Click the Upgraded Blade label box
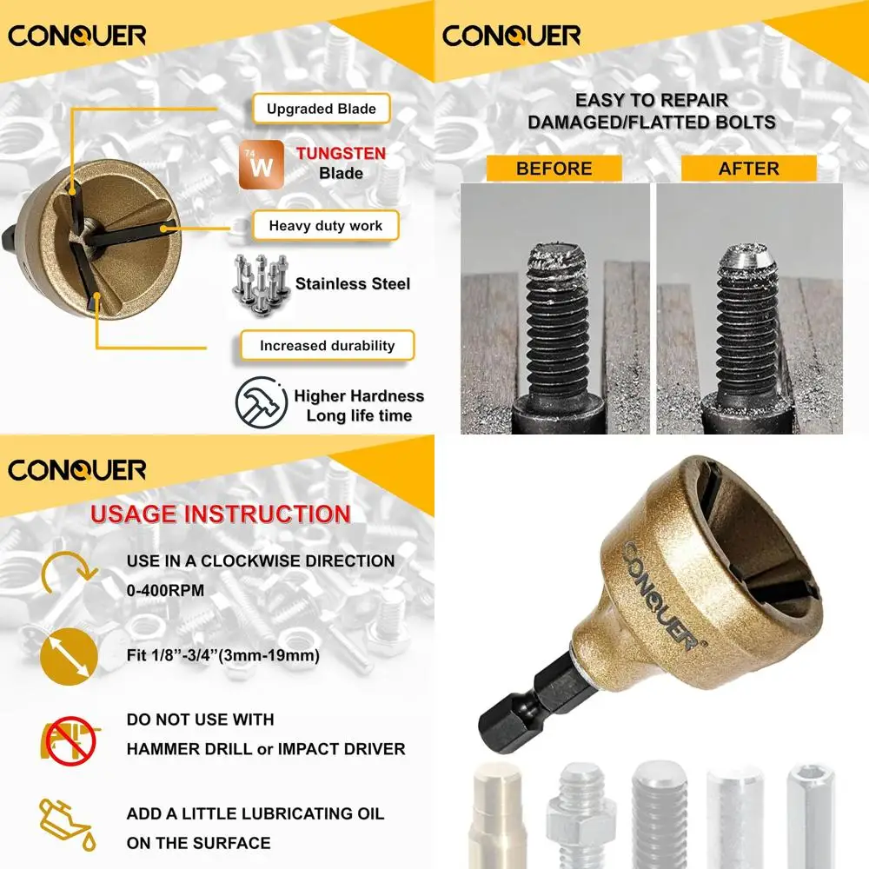point(321,109)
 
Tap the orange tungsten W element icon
point(262,164)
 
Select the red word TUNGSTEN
point(341,154)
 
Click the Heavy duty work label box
point(325,226)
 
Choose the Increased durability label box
point(327,346)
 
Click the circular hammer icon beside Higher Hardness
point(262,402)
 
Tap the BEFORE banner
point(554,169)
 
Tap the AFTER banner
point(748,169)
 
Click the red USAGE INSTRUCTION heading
point(221,514)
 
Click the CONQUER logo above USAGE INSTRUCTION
point(76,470)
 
